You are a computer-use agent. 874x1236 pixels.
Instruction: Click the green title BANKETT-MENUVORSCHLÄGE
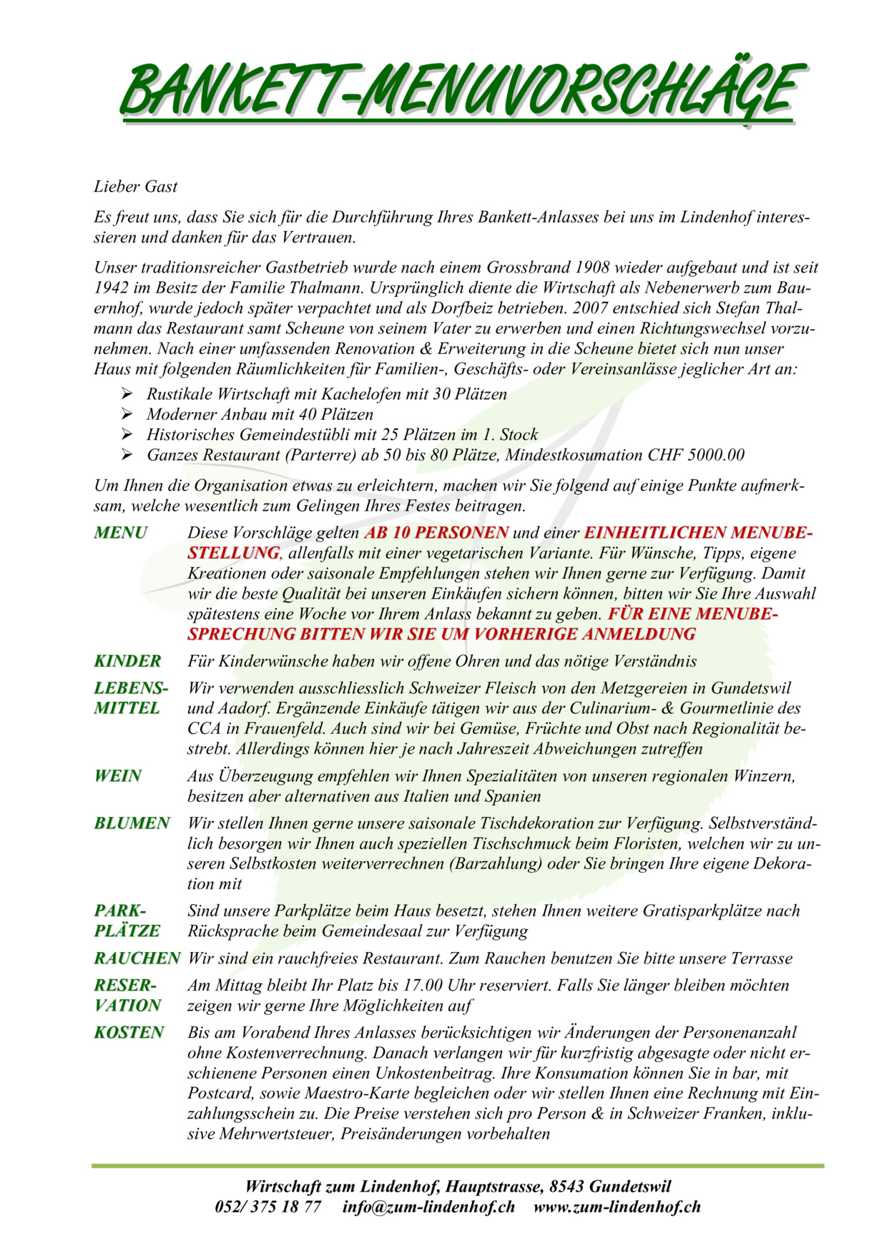pyautogui.click(x=458, y=92)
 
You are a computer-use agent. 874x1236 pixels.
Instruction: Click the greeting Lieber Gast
pyautogui.click(x=135, y=187)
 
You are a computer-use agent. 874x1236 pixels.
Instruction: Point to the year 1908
pyautogui.click(x=591, y=268)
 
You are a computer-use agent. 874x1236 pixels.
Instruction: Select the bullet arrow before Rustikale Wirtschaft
pyautogui.click(x=127, y=393)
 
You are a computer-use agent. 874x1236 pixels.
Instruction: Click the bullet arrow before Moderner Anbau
pyautogui.click(x=127, y=414)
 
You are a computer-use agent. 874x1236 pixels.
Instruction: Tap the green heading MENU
pyautogui.click(x=120, y=533)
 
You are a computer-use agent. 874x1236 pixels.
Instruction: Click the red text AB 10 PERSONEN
pyautogui.click(x=436, y=533)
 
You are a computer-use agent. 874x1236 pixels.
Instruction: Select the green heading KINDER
pyautogui.click(x=127, y=661)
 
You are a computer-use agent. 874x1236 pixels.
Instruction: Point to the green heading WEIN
pyautogui.click(x=118, y=776)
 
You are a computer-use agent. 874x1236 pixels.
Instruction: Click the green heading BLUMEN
pyautogui.click(x=132, y=823)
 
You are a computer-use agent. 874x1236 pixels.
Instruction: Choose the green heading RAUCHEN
pyautogui.click(x=137, y=958)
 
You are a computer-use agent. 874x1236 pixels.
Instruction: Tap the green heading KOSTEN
pyautogui.click(x=129, y=1033)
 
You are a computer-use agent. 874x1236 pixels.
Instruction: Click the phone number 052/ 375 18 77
pyautogui.click(x=267, y=1207)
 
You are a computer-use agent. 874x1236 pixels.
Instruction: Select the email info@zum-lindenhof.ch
pyautogui.click(x=428, y=1207)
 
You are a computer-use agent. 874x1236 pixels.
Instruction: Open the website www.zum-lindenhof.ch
pyautogui.click(x=617, y=1207)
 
